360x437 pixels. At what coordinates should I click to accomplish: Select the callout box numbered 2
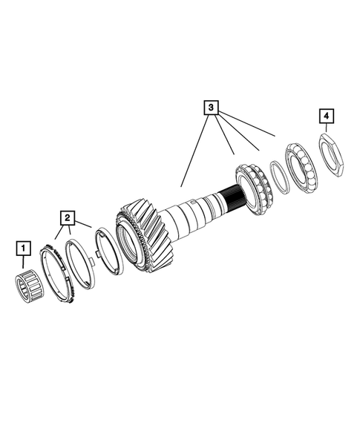67,217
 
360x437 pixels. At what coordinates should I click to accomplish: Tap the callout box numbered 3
212,108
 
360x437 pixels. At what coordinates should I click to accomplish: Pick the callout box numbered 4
326,116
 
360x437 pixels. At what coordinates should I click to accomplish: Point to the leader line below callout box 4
326,129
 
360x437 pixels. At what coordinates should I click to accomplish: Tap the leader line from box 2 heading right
83,223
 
